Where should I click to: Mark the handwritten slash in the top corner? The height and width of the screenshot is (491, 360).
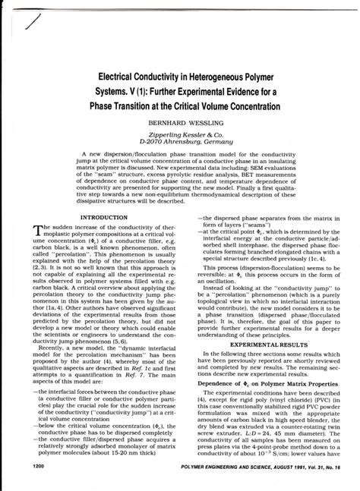tap(32, 25)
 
